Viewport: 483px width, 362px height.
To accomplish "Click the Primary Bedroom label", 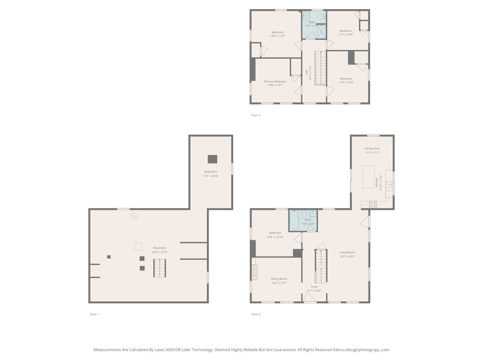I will [275, 81].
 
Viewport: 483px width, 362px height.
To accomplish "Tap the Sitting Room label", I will [279, 279].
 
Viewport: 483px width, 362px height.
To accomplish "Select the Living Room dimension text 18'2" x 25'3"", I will [347, 256].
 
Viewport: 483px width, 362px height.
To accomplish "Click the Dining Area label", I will [372, 148].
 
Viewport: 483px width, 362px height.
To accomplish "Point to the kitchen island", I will [369, 177].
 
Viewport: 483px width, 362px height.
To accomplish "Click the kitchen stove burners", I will [373, 204].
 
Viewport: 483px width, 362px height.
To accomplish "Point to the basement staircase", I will [160, 268].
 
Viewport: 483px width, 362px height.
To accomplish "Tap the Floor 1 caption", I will [94, 314].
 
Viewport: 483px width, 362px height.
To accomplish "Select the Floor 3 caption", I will [256, 115].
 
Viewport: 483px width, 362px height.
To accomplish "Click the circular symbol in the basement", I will [134, 217].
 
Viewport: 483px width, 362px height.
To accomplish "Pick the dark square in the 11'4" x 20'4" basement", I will [212, 159].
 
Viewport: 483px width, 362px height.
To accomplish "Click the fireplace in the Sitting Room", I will [255, 272].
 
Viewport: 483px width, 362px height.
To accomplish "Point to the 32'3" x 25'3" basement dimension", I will [160, 252].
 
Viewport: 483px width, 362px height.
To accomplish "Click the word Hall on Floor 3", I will [307, 72].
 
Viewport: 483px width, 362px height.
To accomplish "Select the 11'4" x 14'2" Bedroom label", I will [346, 78].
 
